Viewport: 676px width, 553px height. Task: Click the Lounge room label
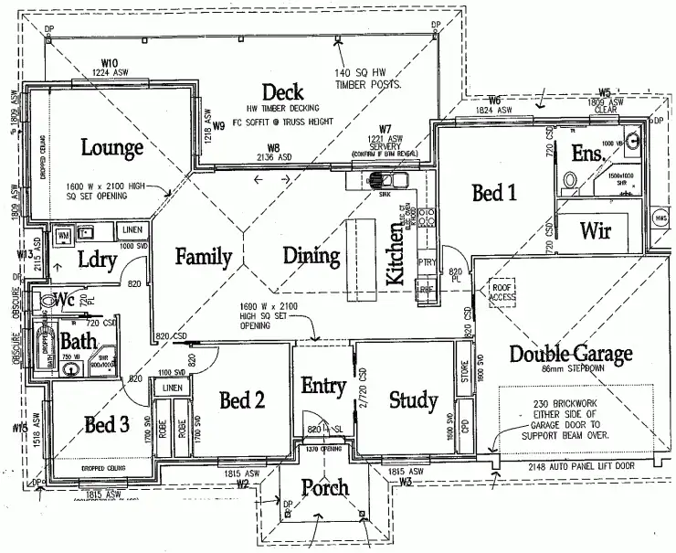(x=111, y=147)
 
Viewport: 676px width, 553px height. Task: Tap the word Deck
(x=282, y=91)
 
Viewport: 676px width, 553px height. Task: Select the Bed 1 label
(x=494, y=193)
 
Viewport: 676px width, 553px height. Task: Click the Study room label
(x=413, y=399)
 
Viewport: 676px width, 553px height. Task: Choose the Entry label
(x=323, y=386)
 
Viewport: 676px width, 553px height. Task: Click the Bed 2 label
(x=242, y=399)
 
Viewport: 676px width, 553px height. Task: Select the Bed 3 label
(x=106, y=424)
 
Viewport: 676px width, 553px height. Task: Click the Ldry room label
(x=96, y=261)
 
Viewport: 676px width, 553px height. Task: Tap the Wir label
(x=596, y=230)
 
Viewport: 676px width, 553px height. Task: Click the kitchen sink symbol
(x=374, y=183)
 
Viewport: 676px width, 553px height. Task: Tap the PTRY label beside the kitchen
(x=427, y=262)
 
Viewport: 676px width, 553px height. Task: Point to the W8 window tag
(x=273, y=147)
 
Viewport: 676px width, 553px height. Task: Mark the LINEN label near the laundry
(x=132, y=229)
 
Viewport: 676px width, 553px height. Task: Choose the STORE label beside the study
(x=466, y=372)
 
